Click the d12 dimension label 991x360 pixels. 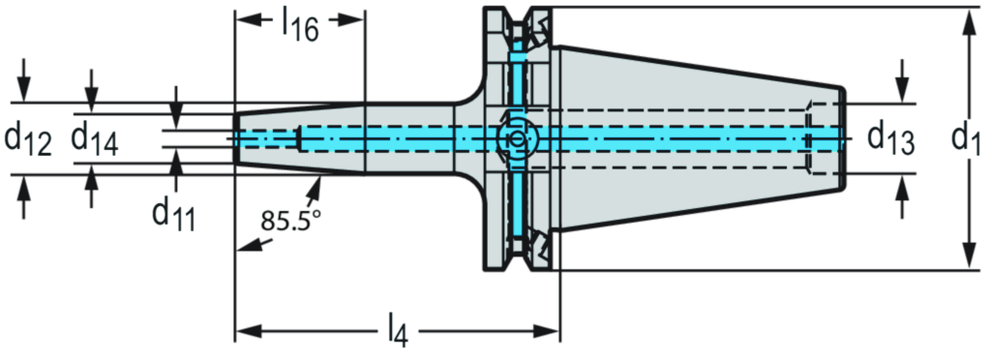29,139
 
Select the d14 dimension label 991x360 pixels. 94,139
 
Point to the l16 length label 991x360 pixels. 300,23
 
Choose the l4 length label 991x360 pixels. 393,333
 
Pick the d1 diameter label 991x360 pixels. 964,139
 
